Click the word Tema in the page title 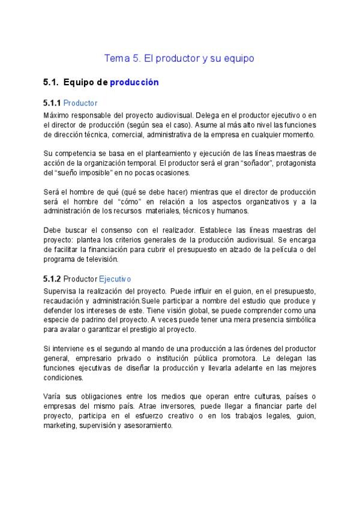tap(115, 59)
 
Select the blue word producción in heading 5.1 tap(134, 82)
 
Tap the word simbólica tap(297, 319)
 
